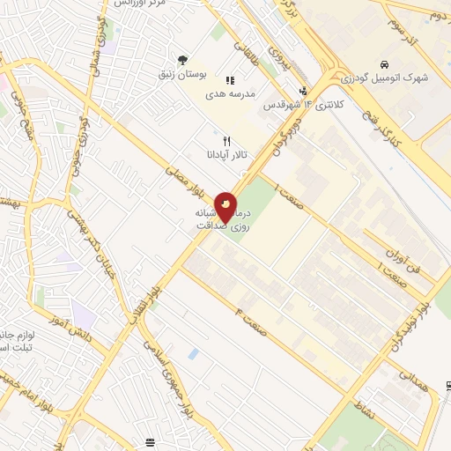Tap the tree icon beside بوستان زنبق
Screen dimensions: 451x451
pos(181,60)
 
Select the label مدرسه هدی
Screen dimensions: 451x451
pos(231,92)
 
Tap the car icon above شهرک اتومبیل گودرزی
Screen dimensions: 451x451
pos(385,64)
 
